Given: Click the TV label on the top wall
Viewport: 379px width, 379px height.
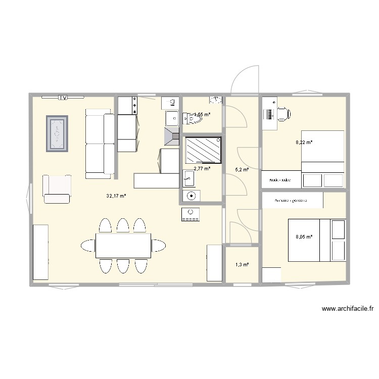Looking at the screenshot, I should tap(63, 98).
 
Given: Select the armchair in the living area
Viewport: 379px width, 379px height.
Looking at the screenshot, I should tap(57, 189).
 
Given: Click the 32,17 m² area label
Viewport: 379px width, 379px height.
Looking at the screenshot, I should tap(116, 196).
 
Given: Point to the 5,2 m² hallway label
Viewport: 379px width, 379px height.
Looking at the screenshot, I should tap(242, 170).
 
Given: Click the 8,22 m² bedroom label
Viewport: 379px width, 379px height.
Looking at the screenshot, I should tap(304, 143).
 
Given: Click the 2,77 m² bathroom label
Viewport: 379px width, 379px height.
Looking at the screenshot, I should tap(202, 169).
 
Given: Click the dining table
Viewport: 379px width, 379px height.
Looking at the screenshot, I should tap(123, 246).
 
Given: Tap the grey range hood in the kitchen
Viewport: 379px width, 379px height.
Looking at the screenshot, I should tap(171, 136).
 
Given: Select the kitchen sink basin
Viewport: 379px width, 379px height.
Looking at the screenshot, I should tap(171, 118).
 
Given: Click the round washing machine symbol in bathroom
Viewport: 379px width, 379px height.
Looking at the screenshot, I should tap(191, 196).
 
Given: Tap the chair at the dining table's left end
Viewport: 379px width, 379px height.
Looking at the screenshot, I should tap(87, 246).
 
